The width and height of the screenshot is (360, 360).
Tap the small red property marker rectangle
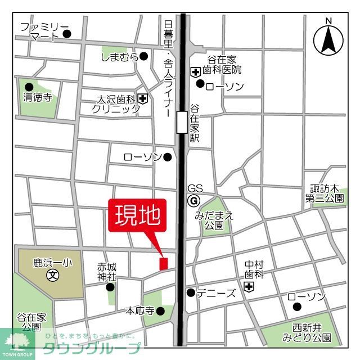point(164,263)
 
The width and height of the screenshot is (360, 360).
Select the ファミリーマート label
point(44,31)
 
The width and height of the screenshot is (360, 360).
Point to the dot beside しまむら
point(144,56)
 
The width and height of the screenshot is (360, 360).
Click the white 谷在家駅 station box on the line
point(182,122)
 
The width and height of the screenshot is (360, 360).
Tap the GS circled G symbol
point(193,201)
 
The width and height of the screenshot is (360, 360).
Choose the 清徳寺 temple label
point(38,97)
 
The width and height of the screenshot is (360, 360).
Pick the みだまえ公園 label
point(214,220)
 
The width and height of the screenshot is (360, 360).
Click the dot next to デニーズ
point(191,292)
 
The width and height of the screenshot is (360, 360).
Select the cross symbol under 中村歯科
point(249,287)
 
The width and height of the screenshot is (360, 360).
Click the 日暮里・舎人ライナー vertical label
point(168,69)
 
